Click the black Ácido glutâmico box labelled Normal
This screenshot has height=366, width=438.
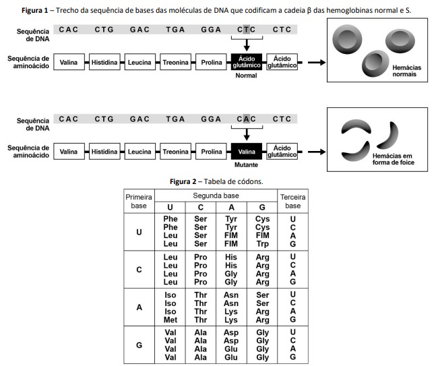pos(247,62)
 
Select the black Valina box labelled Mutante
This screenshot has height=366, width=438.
pos(247,152)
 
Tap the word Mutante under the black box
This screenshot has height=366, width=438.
pos(247,165)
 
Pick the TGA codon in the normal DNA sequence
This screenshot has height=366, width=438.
pos(175,30)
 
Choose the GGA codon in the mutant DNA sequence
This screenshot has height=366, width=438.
pos(211,119)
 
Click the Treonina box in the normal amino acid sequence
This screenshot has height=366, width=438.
pos(175,63)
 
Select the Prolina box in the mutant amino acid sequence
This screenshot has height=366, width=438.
pos(211,152)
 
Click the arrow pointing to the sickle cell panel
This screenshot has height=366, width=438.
pos(313,152)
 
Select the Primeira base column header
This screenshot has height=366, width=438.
pos(139,200)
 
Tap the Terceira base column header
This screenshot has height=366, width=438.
pos(292,200)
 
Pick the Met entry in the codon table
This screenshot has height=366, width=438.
pos(170,319)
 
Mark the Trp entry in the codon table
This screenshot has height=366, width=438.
pos(262,244)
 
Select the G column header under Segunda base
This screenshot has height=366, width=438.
pos(262,207)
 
